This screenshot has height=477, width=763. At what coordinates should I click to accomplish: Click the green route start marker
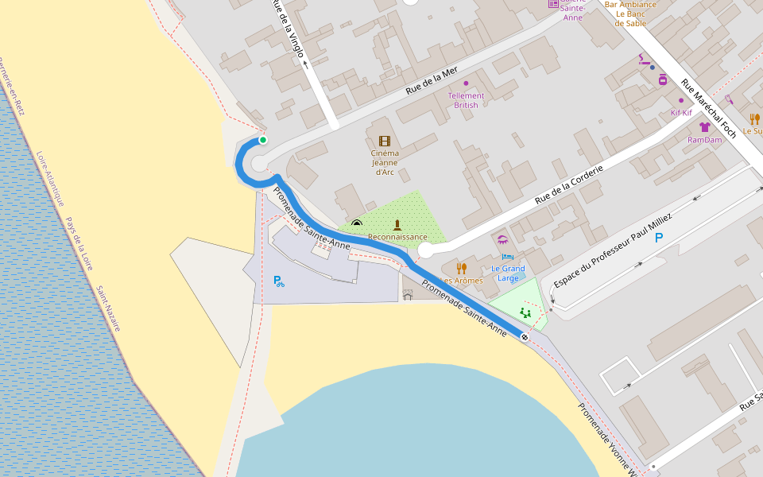tap(262, 140)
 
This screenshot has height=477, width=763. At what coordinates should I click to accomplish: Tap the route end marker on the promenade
tap(525, 337)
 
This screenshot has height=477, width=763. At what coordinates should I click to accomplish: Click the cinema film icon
tap(385, 141)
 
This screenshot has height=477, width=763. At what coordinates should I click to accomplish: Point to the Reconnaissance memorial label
tap(397, 237)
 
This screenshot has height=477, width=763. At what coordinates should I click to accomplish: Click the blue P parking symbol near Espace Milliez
tap(658, 237)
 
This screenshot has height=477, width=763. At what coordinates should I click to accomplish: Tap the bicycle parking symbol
tap(279, 281)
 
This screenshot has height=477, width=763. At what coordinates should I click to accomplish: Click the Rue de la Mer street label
tap(432, 80)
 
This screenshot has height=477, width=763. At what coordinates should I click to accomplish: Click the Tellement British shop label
tap(467, 100)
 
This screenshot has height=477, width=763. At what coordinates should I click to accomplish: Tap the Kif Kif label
tap(681, 113)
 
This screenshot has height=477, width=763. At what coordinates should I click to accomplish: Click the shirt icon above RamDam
tap(704, 126)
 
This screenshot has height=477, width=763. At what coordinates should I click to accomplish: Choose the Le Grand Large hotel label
tap(508, 273)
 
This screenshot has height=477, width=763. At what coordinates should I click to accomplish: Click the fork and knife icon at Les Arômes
tap(461, 268)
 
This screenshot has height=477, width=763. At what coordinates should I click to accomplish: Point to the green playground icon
tap(525, 312)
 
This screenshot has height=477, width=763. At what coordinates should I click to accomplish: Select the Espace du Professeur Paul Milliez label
tap(613, 250)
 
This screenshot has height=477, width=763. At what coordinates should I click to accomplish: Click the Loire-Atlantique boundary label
tap(50, 178)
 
